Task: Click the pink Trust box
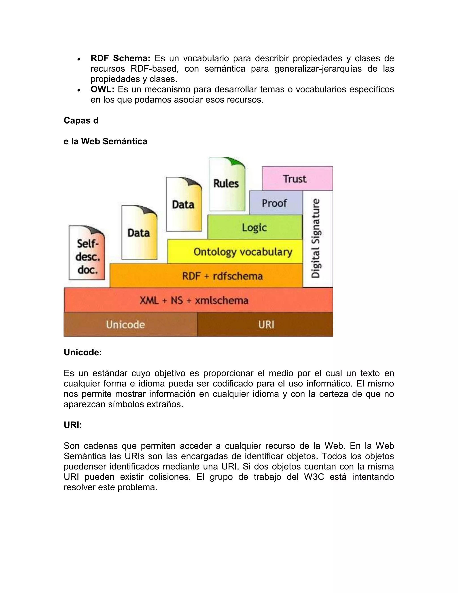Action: [297, 179]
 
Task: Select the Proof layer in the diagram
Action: [276, 203]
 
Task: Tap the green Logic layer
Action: [254, 227]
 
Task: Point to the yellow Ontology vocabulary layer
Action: [235, 252]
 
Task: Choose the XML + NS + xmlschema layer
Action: [198, 300]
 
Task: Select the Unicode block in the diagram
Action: [131, 324]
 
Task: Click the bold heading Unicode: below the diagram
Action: [83, 352]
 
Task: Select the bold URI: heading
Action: [73, 425]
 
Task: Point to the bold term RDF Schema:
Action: [120, 58]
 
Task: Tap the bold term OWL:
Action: [102, 89]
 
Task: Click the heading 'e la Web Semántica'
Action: [105, 141]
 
